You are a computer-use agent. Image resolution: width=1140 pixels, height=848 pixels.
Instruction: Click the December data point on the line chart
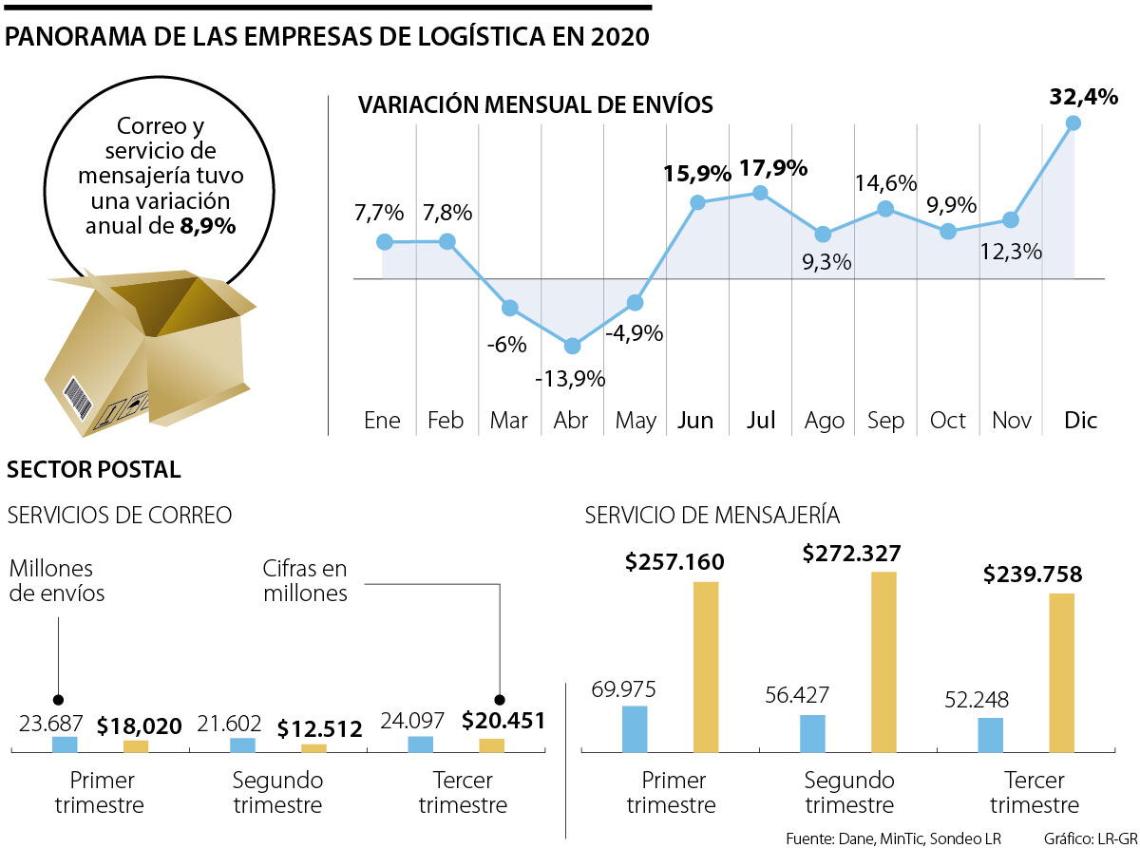tap(1073, 122)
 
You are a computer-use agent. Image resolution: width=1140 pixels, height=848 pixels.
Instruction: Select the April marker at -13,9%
tap(572, 346)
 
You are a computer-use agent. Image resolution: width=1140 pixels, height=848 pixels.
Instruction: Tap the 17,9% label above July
tap(773, 169)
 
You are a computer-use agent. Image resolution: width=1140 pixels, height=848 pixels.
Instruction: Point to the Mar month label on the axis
tap(509, 421)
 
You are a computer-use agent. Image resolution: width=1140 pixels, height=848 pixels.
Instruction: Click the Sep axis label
tap(885, 421)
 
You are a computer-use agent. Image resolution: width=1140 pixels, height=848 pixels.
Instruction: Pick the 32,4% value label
tap(1083, 97)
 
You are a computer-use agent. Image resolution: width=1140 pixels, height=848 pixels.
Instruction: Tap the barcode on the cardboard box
tap(77, 399)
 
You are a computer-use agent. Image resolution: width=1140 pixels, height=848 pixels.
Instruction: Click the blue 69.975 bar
tap(635, 729)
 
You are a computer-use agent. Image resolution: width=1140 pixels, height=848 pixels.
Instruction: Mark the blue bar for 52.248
tap(990, 735)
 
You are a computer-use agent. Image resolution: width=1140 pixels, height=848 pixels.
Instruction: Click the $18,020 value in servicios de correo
tap(139, 727)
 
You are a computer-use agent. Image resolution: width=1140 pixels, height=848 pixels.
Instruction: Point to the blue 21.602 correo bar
tap(243, 745)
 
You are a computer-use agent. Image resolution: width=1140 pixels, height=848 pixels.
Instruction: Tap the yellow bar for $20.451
tap(491, 745)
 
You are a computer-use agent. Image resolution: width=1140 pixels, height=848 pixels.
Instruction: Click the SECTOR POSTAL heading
tap(93, 469)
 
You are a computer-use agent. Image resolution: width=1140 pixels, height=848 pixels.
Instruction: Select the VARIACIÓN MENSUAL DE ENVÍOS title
tap(535, 105)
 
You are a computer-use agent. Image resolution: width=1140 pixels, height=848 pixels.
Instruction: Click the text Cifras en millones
tap(305, 581)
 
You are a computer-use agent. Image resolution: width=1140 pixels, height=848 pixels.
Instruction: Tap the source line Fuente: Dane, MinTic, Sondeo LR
tap(893, 839)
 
